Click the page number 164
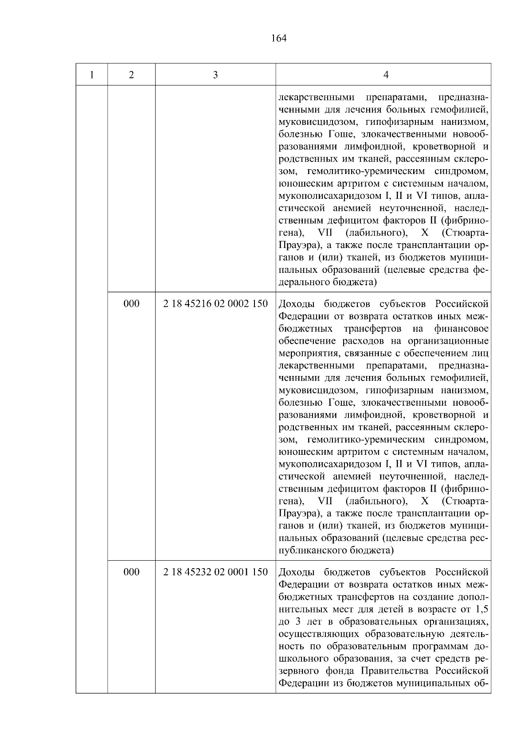[x=278, y=39]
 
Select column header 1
[x=91, y=75]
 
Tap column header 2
[x=131, y=75]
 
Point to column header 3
[x=215, y=75]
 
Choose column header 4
[x=386, y=75]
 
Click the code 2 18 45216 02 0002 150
[x=215, y=304]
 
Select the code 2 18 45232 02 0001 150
[x=215, y=572]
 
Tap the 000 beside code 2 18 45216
[x=131, y=304]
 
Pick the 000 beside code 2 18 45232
[x=131, y=572]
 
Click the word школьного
[x=301, y=658]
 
